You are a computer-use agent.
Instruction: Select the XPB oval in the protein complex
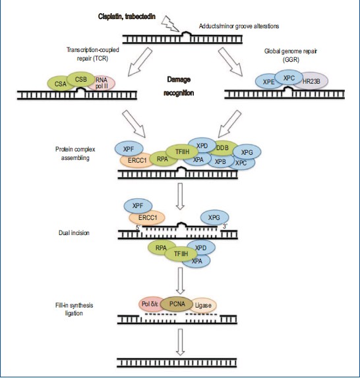pyautogui.click(x=221, y=161)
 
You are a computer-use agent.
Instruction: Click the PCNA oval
pyautogui.click(x=177, y=304)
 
